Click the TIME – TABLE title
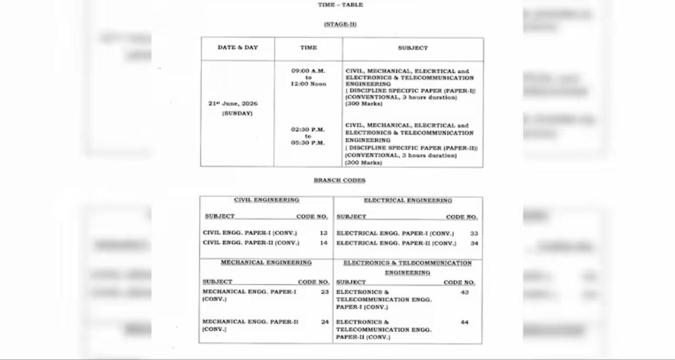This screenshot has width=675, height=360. [340, 5]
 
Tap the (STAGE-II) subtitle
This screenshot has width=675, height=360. [340, 24]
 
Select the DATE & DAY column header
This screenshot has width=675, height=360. [238, 48]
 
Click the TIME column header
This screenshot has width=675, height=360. [308, 48]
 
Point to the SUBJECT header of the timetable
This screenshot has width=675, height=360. [413, 48]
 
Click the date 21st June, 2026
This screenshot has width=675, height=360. [233, 103]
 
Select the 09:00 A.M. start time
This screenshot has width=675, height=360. [308, 71]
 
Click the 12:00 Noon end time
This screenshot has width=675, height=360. [308, 84]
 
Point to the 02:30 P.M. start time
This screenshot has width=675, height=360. [308, 130]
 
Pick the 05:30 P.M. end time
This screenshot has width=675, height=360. [308, 143]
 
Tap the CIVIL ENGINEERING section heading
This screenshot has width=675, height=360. [266, 200]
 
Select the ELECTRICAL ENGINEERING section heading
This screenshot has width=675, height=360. [408, 201]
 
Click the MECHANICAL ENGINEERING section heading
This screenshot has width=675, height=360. [266, 262]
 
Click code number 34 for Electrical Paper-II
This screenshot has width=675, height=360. [474, 243]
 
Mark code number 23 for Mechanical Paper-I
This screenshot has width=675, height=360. [325, 292]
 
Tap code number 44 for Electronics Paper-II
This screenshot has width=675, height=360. [464, 322]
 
